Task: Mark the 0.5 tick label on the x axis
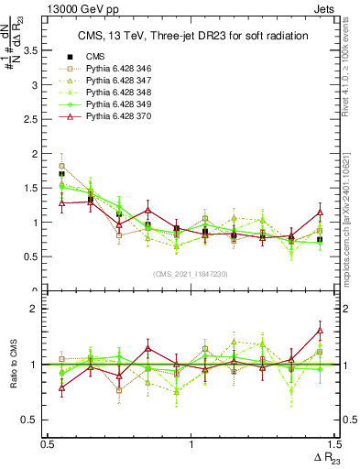(x=48, y=444)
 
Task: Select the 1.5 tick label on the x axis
(x=332, y=444)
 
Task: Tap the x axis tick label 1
(x=191, y=444)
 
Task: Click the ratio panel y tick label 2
(x=38, y=309)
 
